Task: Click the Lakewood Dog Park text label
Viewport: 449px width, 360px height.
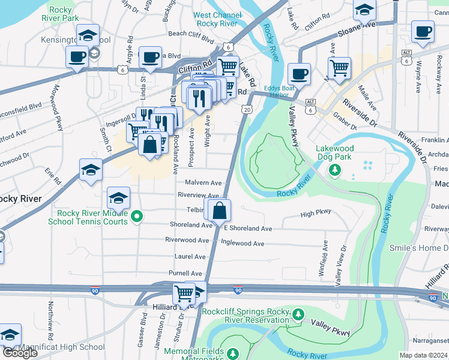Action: pos(335,153)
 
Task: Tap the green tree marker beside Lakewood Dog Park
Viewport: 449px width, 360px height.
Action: pos(334,172)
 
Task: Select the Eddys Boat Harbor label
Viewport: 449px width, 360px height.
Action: pos(280,91)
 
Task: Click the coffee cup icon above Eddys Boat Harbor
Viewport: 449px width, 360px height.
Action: pos(299,74)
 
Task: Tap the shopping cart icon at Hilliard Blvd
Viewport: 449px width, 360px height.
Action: pos(184,293)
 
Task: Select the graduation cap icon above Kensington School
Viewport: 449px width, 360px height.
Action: pos(88,35)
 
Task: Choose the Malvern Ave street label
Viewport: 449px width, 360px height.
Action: pos(203,183)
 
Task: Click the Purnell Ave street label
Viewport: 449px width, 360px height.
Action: pos(185,273)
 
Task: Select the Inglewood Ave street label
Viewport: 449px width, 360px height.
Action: pos(243,244)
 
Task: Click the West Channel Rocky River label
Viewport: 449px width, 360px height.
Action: pos(215,19)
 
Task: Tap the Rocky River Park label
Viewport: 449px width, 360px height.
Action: pos(55,14)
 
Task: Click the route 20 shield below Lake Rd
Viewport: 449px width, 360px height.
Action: pos(247,109)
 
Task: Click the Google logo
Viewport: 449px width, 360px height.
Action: pos(20,353)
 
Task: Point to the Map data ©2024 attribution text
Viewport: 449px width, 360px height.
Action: pos(423,355)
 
